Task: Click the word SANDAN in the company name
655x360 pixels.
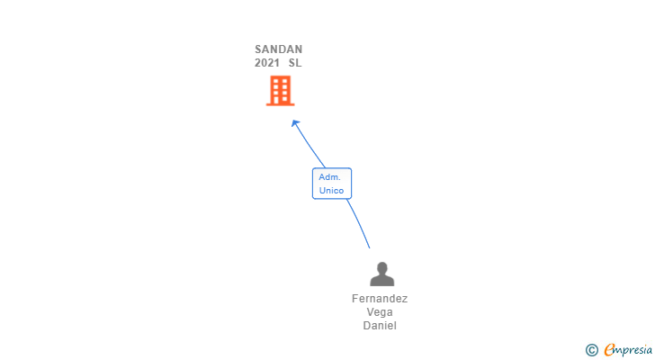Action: coord(278,49)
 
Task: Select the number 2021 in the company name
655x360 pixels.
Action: coord(267,63)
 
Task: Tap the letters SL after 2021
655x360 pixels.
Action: coord(295,63)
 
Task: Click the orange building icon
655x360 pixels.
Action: coord(280,90)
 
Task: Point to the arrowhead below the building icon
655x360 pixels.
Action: coord(294,123)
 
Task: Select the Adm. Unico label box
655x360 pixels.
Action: coord(331,184)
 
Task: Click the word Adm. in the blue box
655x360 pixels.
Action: coord(328,177)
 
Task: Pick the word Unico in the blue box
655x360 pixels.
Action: coord(331,191)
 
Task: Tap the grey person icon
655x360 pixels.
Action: coord(381,274)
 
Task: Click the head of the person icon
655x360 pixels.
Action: coord(381,267)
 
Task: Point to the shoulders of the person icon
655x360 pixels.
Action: coord(381,281)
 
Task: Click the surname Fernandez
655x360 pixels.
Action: coord(380,299)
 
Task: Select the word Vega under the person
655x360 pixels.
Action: coord(380,312)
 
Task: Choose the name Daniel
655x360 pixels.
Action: coord(380,326)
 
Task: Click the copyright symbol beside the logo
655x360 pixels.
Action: coord(591,350)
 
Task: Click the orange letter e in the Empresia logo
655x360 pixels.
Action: coord(609,350)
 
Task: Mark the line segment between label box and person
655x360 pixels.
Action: coord(358,222)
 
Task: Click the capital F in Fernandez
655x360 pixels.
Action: coord(355,299)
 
